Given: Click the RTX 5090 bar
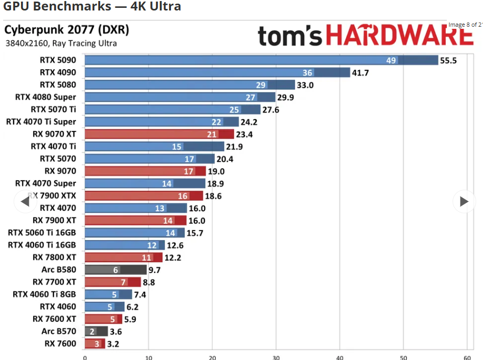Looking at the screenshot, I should coord(261,60).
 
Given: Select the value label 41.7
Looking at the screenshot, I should coord(360,73).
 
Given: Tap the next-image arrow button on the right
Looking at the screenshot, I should coord(464,201).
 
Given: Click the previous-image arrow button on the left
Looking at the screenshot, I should coord(24,201).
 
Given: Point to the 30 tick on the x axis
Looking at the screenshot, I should coord(276,357).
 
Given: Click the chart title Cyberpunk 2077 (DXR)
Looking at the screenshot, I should coord(66,29).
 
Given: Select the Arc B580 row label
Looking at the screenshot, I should coord(59,270).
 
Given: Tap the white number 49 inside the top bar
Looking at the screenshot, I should coord(391,60).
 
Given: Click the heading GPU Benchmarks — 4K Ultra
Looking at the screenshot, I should coord(92,7).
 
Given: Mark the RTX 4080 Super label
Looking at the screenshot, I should coord(46,97).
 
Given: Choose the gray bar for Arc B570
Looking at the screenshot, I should coord(96,331).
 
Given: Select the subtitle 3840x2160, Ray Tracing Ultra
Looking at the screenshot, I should coord(61,43).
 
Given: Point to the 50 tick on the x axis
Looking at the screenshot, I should coord(404,357).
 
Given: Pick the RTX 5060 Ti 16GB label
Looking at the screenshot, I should coord(42,233).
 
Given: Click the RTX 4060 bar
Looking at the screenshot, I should coord(104,307).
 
